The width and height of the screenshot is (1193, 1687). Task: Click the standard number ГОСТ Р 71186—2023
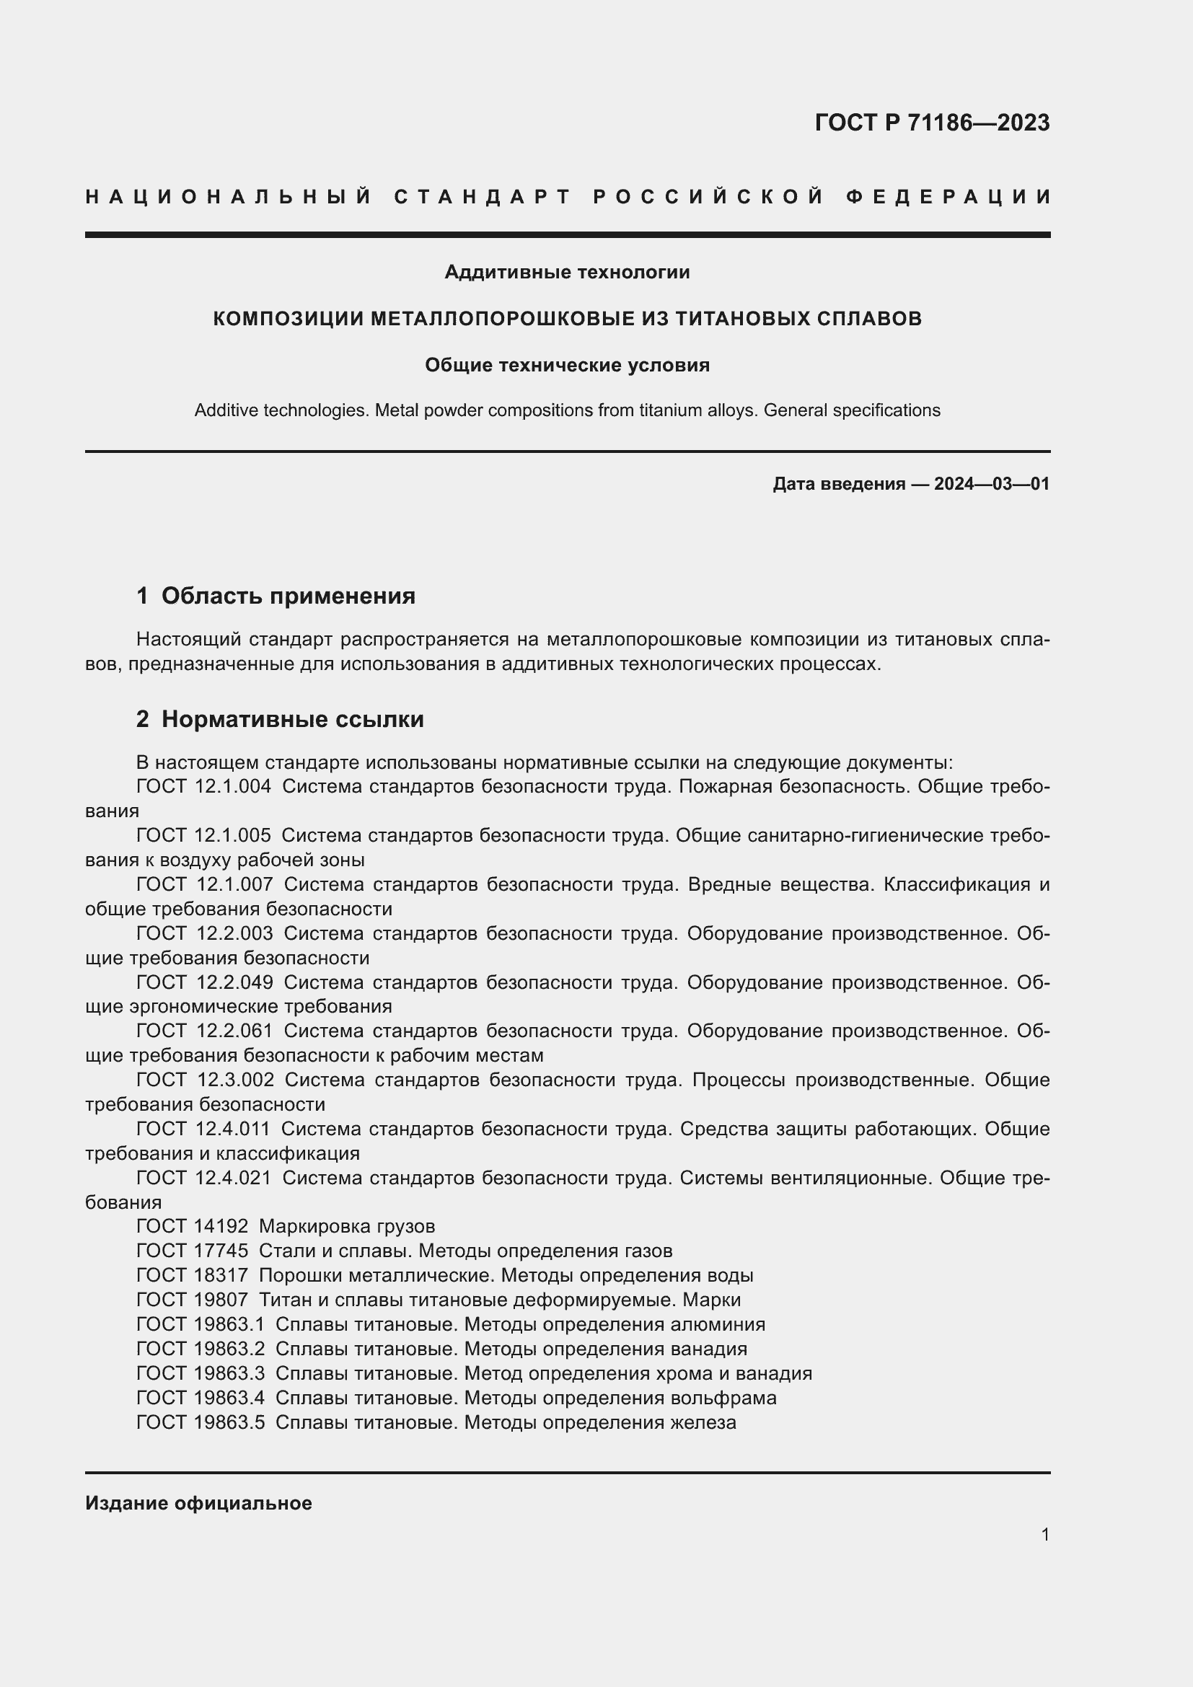pos(931,123)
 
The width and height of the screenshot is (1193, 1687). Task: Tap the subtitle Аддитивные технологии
pos(567,273)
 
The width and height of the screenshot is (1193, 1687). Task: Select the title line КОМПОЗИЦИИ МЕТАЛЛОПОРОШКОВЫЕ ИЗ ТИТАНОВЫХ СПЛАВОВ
pos(567,319)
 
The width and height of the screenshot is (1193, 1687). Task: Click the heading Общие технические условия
pos(567,365)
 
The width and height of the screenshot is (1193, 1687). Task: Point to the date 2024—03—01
pos(992,484)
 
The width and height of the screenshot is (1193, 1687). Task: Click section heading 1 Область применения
pos(276,596)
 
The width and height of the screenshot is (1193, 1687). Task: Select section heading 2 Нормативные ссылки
pos(280,719)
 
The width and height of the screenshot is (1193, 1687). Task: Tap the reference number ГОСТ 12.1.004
pos(203,787)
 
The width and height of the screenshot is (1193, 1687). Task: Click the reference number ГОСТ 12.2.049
pos(204,982)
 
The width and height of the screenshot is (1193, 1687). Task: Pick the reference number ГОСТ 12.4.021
pos(203,1178)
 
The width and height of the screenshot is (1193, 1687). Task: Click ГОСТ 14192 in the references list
pos(193,1226)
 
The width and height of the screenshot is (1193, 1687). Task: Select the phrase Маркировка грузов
pos(347,1226)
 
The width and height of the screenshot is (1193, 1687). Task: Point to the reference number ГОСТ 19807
pos(193,1300)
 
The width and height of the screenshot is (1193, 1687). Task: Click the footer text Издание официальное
pos(198,1503)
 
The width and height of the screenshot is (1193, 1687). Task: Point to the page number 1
pos(1045,1535)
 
